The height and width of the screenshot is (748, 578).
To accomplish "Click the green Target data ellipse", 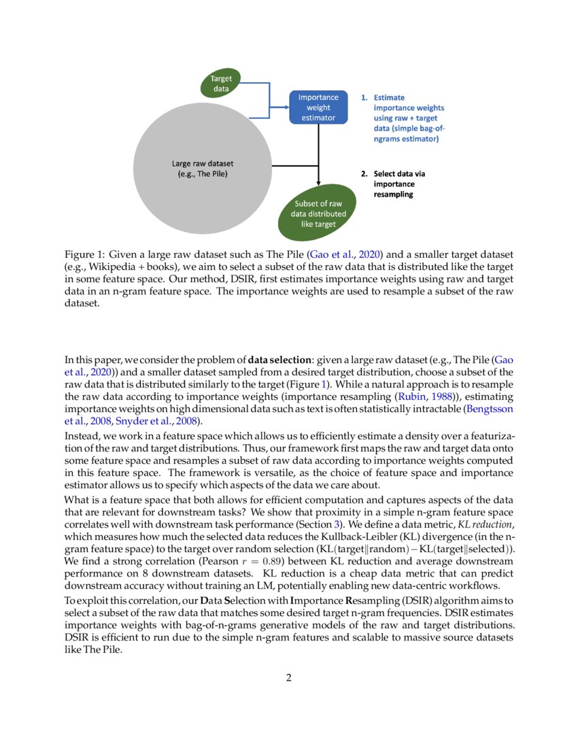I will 221,84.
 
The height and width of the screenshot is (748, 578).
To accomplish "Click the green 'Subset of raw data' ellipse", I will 318,214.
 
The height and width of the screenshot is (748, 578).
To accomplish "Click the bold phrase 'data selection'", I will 279,359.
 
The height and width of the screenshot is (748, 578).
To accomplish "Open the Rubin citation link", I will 428,396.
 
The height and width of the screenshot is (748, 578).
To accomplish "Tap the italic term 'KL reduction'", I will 480,524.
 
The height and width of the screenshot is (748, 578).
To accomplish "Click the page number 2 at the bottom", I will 289,678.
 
